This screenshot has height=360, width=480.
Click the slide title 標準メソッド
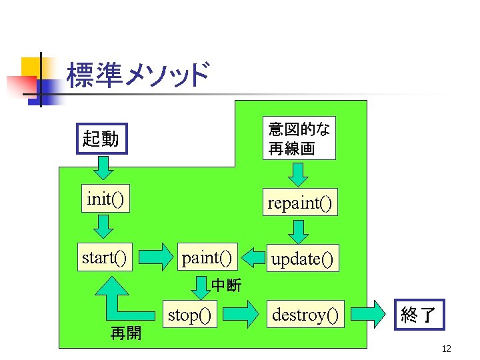[x=138, y=75]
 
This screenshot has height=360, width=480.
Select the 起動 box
[x=101, y=139]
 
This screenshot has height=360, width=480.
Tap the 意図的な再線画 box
[x=299, y=139]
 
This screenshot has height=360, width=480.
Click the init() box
[x=105, y=199]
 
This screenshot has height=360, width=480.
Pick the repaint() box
[x=299, y=202]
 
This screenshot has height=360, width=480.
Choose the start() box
[x=104, y=257]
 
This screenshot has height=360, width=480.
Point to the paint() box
[x=207, y=257]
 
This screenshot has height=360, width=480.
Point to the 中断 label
[x=227, y=285]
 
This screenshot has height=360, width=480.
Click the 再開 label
[x=125, y=333]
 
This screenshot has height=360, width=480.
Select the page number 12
[x=447, y=349]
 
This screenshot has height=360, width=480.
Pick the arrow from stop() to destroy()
[x=240, y=313]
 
